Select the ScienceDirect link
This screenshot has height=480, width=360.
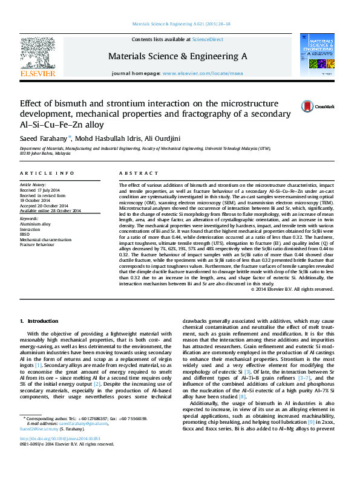pos(208,39)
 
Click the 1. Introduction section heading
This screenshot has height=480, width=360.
pos(39,321)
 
